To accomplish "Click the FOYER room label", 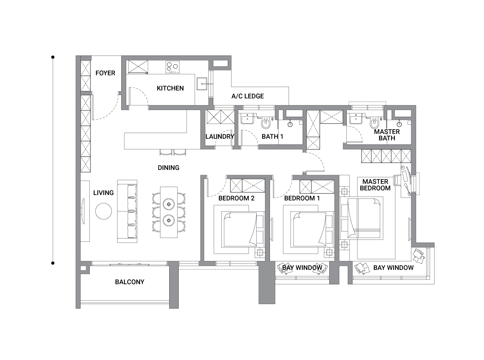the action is [x=105, y=73].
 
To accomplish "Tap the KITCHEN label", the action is [x=170, y=88].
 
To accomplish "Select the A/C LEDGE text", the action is [x=248, y=96].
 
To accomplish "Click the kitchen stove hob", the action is [x=172, y=67].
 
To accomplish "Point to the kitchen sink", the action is [x=202, y=84].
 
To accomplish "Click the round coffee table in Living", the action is [x=103, y=211].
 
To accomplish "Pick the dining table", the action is [x=169, y=212].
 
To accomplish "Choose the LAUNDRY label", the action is [x=220, y=136].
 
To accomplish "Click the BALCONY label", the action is [x=130, y=282].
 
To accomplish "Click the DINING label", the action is [x=168, y=168].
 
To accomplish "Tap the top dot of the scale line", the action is [x=53, y=57].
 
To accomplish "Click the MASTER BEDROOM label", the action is [x=375, y=185].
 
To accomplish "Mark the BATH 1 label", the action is [x=272, y=136].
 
